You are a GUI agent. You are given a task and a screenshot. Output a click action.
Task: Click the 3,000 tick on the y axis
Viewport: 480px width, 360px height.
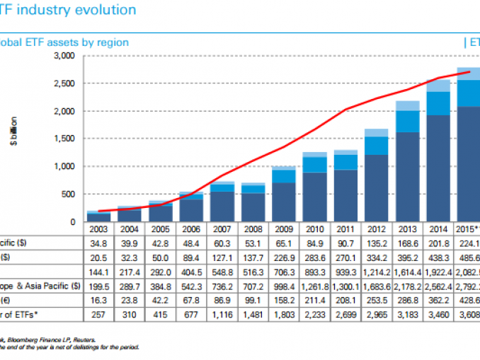(x=64, y=56)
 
